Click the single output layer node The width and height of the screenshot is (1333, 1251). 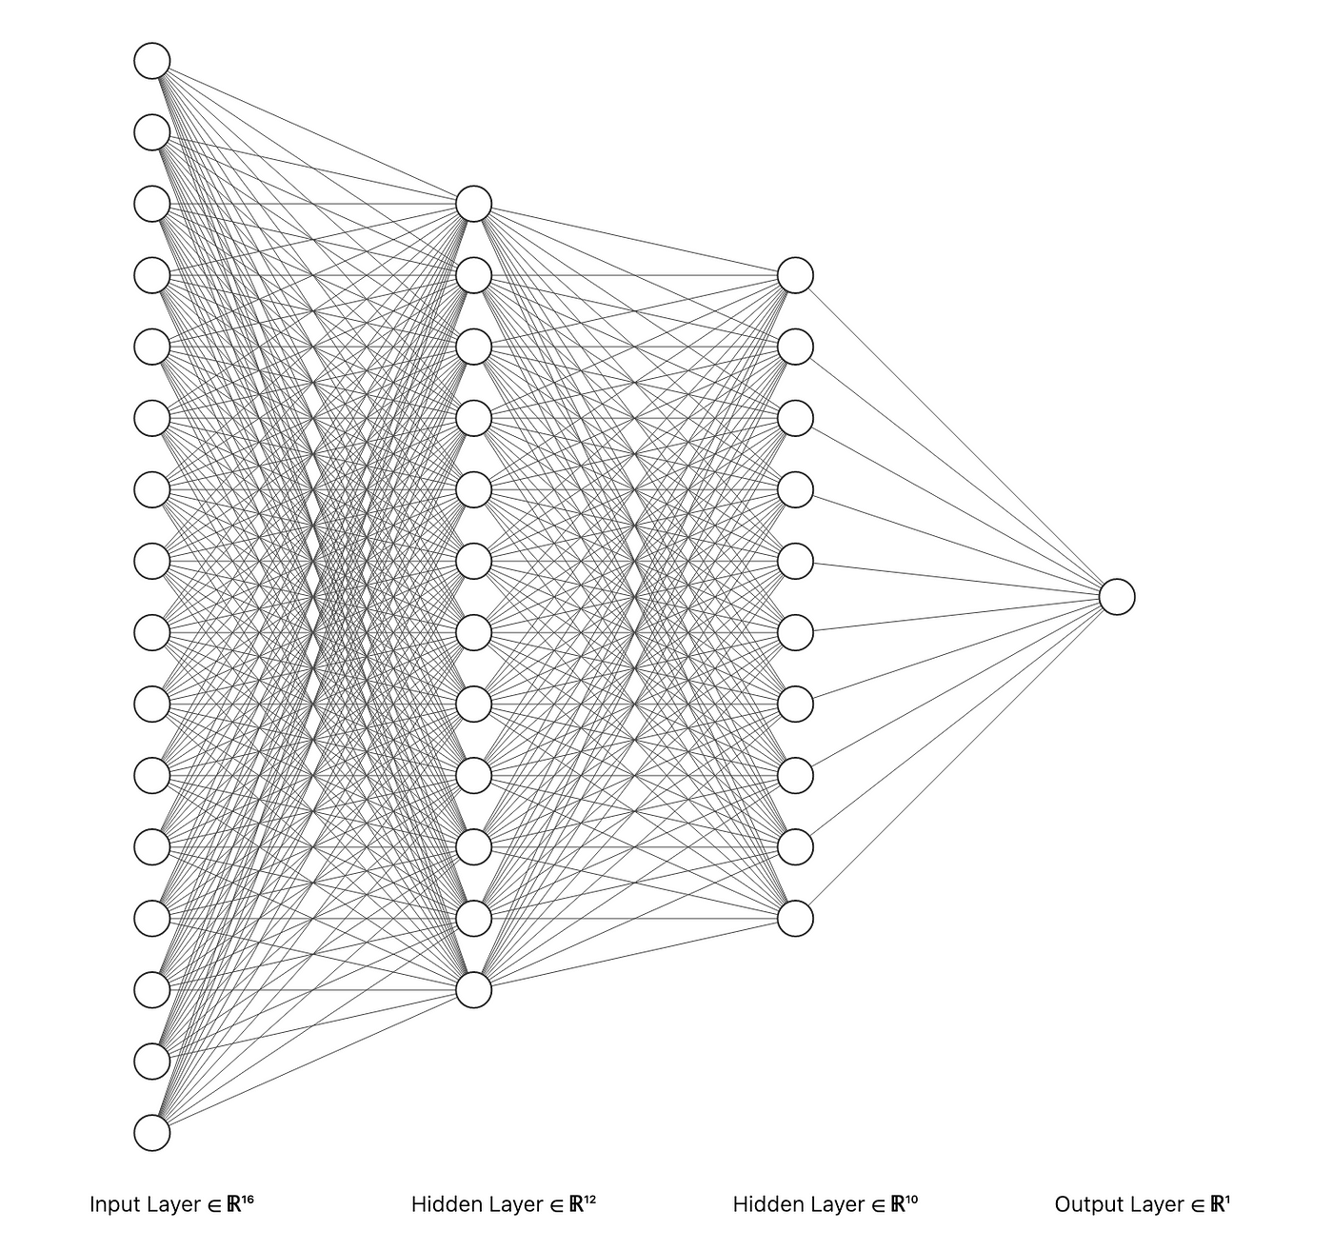(1117, 597)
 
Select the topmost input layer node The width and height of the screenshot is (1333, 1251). (152, 61)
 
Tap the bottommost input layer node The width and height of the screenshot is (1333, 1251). (152, 1133)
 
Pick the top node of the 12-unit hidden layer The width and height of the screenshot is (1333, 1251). (473, 204)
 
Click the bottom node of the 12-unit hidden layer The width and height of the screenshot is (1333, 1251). (473, 990)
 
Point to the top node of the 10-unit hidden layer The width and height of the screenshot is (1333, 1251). (795, 275)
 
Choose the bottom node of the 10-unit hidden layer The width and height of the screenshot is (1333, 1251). (795, 919)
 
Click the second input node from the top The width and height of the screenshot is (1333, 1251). (152, 132)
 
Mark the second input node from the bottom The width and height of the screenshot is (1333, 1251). (152, 1062)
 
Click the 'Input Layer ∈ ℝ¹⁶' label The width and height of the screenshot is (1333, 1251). (171, 1204)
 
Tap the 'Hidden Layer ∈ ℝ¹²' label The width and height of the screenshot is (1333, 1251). (503, 1204)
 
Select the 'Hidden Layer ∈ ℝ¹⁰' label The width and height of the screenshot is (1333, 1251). (825, 1204)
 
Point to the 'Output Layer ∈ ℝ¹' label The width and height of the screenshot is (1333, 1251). (1142, 1204)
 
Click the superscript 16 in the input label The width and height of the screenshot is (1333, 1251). (248, 1200)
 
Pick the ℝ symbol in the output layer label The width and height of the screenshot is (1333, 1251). (1216, 1204)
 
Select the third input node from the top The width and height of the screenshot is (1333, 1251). (152, 204)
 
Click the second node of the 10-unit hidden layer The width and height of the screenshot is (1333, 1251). (795, 347)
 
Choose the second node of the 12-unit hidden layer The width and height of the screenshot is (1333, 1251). (473, 275)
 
